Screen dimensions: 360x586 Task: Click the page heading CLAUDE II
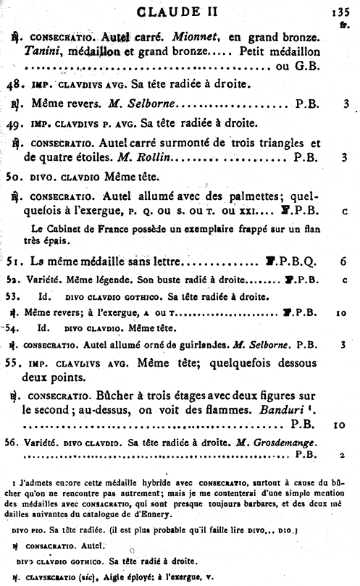180,11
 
